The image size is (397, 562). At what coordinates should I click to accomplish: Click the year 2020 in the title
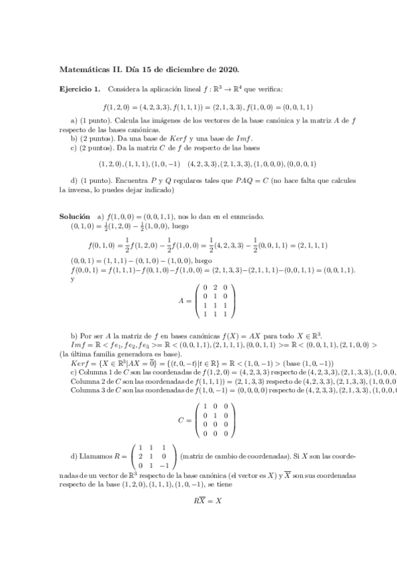click(x=227, y=68)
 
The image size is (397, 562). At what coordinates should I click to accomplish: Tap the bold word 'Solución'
click(x=74, y=216)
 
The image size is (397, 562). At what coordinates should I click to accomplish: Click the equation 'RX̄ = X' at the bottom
click(x=207, y=500)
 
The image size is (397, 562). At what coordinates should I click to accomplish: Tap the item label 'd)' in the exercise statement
click(x=74, y=180)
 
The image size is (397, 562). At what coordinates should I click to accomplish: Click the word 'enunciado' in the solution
click(x=249, y=216)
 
